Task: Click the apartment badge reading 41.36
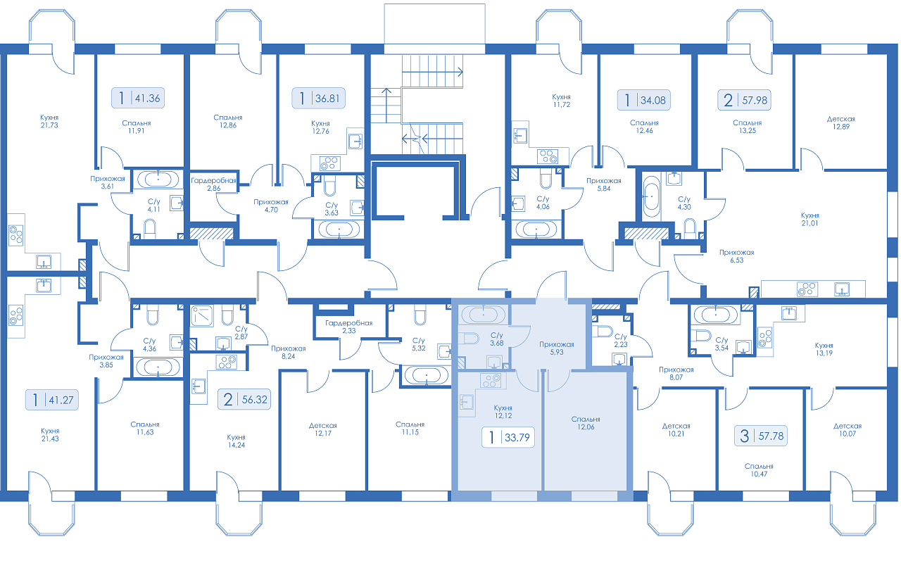point(137,98)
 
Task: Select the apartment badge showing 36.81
point(318,98)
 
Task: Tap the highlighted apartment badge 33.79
point(508,437)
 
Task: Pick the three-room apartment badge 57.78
point(761,436)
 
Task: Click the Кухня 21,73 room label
point(49,121)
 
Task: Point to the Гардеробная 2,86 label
point(213,184)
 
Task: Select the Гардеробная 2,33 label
point(348,327)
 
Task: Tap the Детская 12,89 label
point(841,122)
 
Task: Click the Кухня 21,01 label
point(809,219)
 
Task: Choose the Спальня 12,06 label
point(586,423)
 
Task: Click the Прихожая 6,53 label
point(736,256)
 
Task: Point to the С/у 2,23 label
point(621,340)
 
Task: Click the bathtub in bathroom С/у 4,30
point(651,196)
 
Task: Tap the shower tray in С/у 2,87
point(202,315)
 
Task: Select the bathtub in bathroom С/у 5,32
point(427,375)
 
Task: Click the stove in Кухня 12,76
point(330,163)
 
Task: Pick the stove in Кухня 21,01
point(807,289)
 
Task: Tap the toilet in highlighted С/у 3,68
point(469,338)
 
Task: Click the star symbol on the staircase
point(417,139)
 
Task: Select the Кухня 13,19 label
point(824,349)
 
